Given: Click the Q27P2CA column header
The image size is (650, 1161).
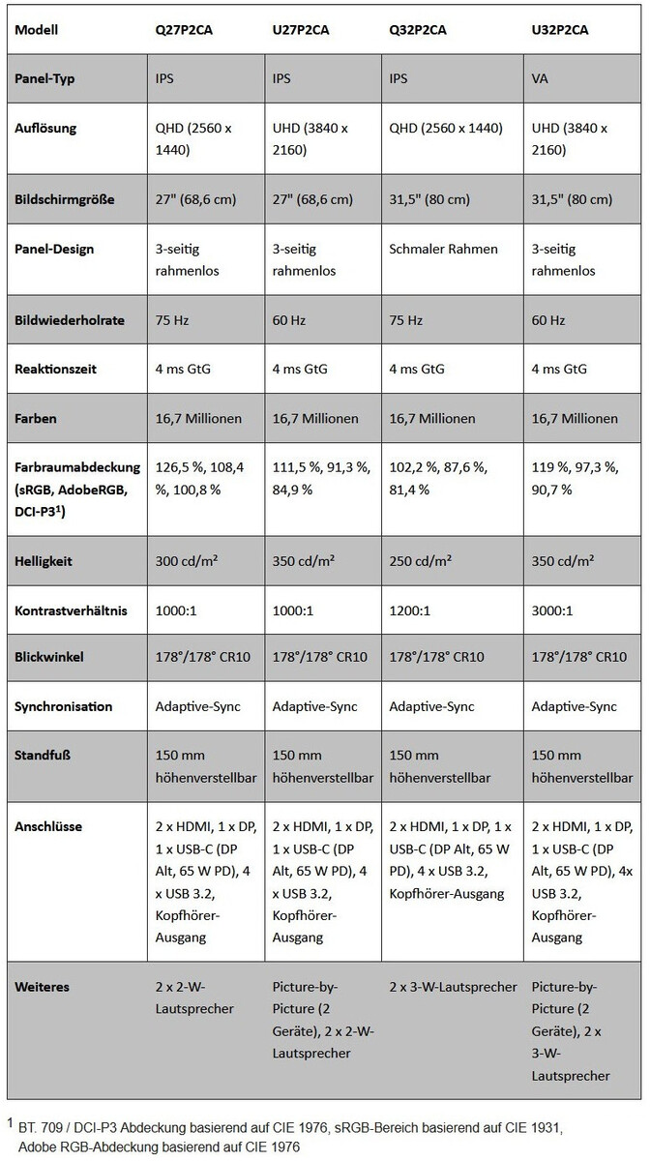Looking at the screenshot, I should (184, 30).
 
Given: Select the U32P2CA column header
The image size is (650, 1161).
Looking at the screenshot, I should (561, 30).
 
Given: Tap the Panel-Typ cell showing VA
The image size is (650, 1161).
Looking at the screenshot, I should (540, 78).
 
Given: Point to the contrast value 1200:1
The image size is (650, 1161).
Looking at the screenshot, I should (409, 610).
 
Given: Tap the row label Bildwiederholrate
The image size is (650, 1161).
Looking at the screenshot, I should (70, 320).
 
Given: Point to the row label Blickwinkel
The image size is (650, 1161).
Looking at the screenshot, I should (49, 657).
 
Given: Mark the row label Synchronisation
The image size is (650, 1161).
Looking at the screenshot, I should (64, 706).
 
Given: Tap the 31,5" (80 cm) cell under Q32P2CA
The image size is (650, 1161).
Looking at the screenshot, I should (429, 199).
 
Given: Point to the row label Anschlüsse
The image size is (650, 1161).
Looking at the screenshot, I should (48, 827).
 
